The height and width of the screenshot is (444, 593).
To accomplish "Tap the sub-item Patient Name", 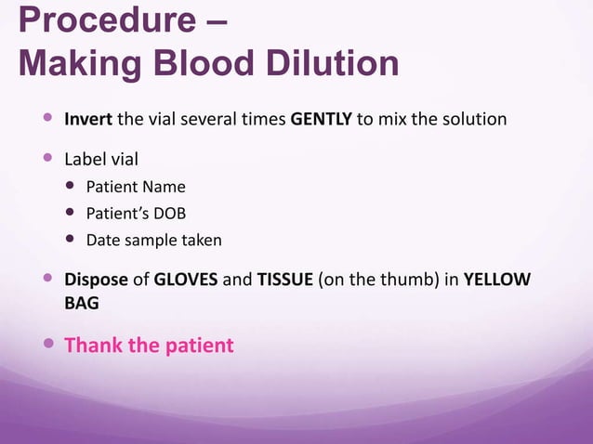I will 136,187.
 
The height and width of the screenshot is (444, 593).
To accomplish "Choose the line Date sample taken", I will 153,241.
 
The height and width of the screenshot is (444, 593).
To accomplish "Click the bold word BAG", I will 81,304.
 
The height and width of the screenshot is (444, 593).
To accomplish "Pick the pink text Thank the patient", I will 148,346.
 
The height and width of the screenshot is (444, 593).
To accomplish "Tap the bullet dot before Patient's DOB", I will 72,213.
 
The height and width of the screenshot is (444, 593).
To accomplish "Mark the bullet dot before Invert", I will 48,119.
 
